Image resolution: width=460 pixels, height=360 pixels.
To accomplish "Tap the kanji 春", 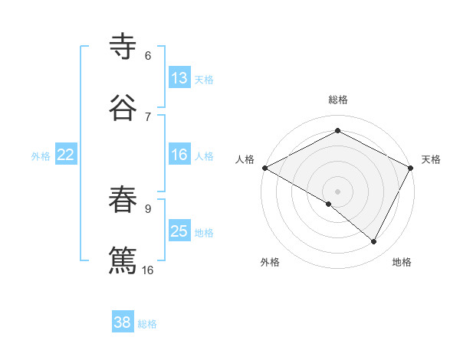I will click(123, 200).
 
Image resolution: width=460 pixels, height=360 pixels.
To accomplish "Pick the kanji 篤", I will click(123, 259).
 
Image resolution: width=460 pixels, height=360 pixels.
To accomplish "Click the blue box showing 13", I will click(179, 78).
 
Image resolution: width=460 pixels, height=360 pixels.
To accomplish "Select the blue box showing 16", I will click(179, 155).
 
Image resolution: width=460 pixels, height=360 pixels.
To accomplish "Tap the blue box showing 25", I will click(179, 232).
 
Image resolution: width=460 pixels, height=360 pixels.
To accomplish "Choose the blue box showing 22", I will click(65, 155).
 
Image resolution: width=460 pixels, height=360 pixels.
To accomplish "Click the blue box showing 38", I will click(123, 322).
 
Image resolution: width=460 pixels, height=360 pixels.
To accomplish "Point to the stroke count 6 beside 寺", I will click(148, 56).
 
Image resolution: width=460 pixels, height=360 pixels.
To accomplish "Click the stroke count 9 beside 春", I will click(148, 207).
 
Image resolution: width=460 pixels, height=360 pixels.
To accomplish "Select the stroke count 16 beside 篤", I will click(148, 270).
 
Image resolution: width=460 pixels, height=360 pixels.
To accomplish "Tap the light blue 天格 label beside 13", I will click(204, 79).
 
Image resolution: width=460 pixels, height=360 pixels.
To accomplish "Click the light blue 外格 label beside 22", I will click(41, 156).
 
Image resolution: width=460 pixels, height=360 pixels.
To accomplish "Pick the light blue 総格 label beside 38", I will click(147, 323).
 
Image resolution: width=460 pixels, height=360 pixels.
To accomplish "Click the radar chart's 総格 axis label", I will click(338, 100).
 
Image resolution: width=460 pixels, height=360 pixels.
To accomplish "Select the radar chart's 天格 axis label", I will click(431, 159).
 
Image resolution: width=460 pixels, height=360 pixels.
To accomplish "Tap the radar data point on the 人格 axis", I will click(264, 167).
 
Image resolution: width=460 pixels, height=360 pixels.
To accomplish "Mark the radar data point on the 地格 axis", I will click(374, 241).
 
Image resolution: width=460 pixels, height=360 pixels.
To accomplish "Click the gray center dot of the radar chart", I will click(338, 191).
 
